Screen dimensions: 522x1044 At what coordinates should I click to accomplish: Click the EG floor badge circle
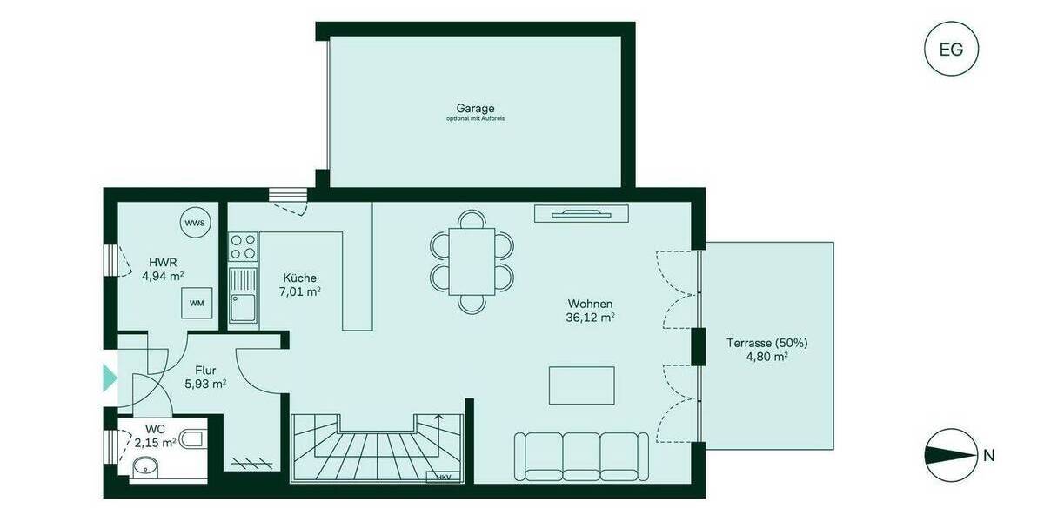tap(951, 50)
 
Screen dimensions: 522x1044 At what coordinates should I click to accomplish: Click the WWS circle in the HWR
tap(195, 224)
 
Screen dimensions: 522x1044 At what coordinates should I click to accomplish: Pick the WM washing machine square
tap(197, 304)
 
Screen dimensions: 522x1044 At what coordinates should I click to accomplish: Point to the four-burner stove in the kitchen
tap(243, 247)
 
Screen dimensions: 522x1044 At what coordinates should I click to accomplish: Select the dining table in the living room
tap(472, 261)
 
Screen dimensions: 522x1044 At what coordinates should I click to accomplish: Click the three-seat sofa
tap(581, 456)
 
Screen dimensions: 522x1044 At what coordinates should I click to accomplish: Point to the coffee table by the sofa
tap(581, 385)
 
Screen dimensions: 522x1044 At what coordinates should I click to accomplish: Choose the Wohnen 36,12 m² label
tap(591, 311)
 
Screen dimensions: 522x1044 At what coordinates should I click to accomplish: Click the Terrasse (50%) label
tap(757, 349)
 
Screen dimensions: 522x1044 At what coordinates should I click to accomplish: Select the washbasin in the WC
tap(142, 469)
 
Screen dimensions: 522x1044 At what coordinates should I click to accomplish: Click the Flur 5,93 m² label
tap(205, 377)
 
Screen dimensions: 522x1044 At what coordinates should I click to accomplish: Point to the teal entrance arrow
tap(110, 378)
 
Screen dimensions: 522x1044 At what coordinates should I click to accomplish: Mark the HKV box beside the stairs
tap(444, 477)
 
